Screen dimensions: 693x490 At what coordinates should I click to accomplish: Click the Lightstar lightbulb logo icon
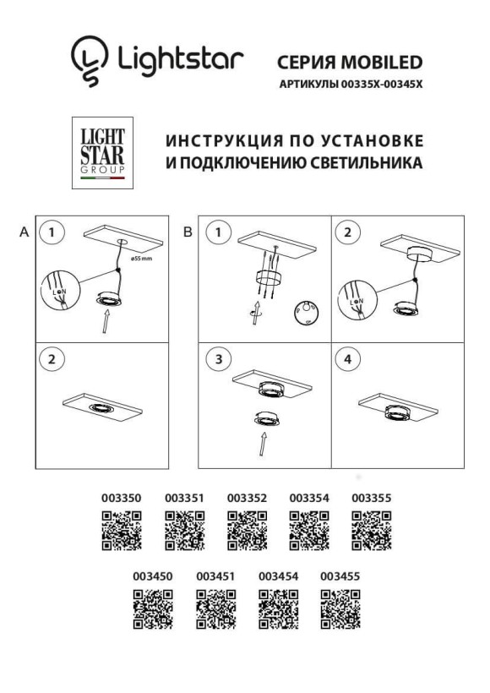[90, 60]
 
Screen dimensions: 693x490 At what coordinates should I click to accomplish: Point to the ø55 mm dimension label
[141, 257]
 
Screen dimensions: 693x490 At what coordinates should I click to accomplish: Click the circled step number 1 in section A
[52, 232]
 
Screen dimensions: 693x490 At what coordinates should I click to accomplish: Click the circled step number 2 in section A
[52, 359]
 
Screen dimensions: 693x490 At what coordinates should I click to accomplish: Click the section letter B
[188, 231]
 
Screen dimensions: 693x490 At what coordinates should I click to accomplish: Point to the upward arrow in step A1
[105, 321]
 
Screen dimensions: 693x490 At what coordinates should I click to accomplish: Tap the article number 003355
[371, 499]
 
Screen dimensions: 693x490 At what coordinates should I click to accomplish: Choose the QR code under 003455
[340, 609]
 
